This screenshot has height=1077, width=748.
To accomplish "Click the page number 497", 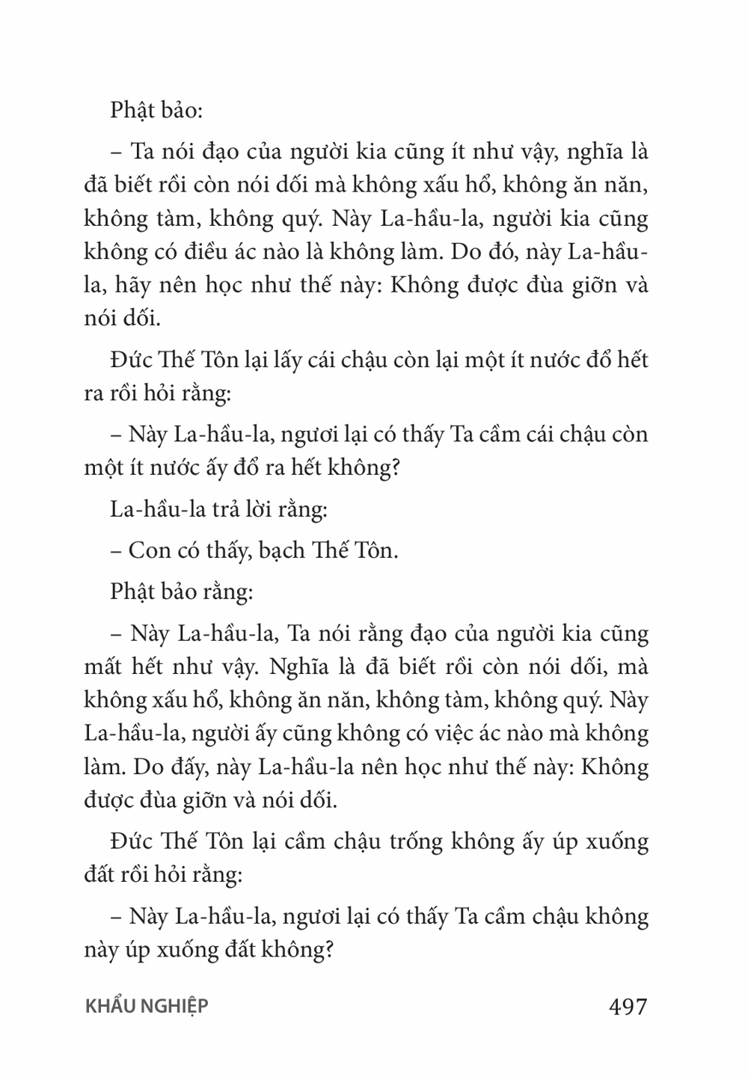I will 628,1006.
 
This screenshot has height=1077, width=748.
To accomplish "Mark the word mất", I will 101,666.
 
